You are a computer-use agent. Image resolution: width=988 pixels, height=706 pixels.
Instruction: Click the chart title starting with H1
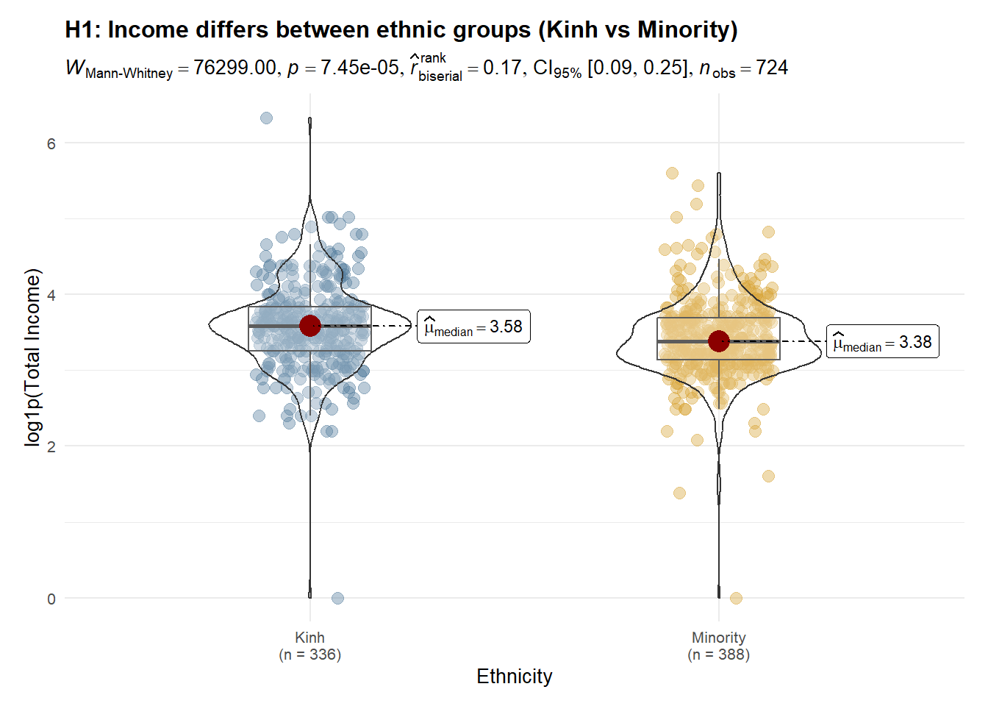point(401,29)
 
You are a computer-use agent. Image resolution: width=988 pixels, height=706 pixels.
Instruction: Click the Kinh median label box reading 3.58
point(474,327)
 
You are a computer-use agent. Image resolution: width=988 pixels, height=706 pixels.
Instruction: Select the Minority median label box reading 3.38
point(882,342)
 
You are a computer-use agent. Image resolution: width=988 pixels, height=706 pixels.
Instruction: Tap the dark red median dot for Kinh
point(310,326)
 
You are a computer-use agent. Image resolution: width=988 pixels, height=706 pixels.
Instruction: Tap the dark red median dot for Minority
point(719,341)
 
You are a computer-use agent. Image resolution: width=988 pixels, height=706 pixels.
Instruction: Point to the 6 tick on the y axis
point(51,143)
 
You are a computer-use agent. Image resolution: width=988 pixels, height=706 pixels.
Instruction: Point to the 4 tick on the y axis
point(51,295)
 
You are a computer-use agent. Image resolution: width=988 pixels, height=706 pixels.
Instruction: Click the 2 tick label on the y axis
point(51,446)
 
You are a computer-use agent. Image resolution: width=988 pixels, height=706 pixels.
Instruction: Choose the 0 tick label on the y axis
point(51,599)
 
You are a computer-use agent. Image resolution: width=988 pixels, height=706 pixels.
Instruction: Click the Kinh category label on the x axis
point(309,638)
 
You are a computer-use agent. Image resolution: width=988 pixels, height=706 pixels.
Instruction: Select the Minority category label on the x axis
point(719,638)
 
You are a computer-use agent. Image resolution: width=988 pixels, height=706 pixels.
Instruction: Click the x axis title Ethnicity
point(514,677)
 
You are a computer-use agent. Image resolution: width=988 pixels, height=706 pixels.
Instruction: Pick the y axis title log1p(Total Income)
point(33,357)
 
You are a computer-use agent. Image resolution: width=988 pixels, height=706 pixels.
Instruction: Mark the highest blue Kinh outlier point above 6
point(267,118)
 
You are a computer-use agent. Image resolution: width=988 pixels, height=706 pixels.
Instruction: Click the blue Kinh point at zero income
point(337,598)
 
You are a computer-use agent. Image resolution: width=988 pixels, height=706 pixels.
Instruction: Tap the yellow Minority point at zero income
point(736,598)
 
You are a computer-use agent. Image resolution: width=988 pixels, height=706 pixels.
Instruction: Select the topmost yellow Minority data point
point(672,174)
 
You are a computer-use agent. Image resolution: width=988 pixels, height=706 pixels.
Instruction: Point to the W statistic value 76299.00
point(235,68)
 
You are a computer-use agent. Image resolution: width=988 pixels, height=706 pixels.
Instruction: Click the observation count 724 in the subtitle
point(772,68)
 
